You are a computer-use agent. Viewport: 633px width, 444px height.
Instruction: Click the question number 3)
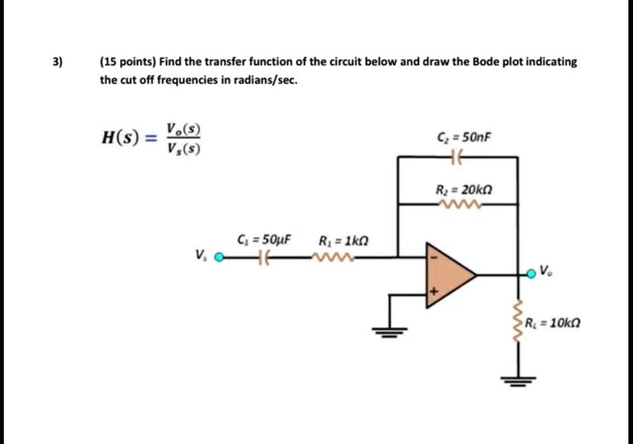pyautogui.click(x=58, y=62)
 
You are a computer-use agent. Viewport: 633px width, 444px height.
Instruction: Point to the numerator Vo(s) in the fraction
pyautogui.click(x=184, y=130)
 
